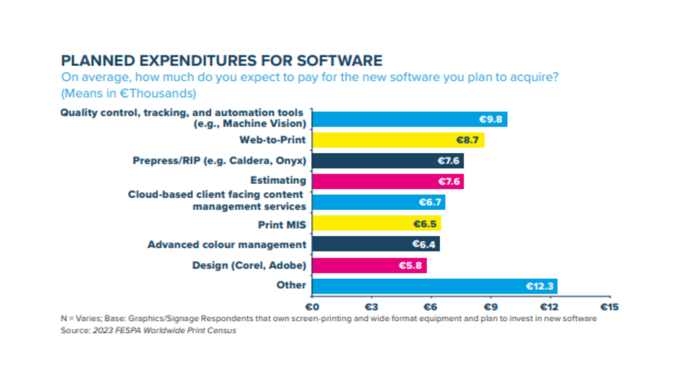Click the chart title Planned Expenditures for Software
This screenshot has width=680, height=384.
tap(221, 60)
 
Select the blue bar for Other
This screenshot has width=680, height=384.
tap(434, 286)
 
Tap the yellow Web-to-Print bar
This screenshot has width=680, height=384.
tap(398, 139)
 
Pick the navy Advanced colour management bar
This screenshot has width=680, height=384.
tap(375, 244)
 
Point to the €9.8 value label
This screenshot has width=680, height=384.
tap(492, 119)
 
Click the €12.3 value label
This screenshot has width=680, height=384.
tap(540, 286)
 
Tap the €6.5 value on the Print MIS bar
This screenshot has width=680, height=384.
tap(425, 223)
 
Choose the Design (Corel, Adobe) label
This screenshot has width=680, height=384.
tap(249, 265)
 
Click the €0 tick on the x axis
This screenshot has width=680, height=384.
tap(312, 307)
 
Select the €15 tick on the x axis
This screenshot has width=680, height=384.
tap(608, 307)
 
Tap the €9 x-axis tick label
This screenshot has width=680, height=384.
tap(489, 307)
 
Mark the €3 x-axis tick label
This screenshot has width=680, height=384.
tap(371, 307)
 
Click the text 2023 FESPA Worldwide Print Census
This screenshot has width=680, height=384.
tap(164, 331)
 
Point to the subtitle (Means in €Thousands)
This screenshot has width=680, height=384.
tap(129, 93)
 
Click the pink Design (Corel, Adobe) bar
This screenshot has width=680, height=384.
tap(369, 265)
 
